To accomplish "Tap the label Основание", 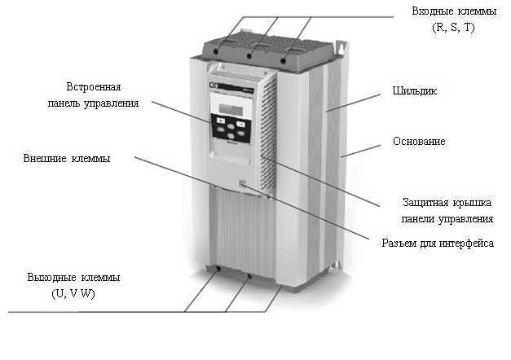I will [x=418, y=142].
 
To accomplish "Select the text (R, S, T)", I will [x=453, y=28].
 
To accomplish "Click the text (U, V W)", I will [x=68, y=292].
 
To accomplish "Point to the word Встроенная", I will [x=95, y=87].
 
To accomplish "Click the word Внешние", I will [x=46, y=158].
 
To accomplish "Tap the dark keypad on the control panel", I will [x=231, y=130].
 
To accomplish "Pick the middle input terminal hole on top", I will [x=249, y=55].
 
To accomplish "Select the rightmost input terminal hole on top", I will [x=284, y=60].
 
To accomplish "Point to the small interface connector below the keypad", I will [x=241, y=186].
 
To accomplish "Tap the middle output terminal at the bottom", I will [x=248, y=276].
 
